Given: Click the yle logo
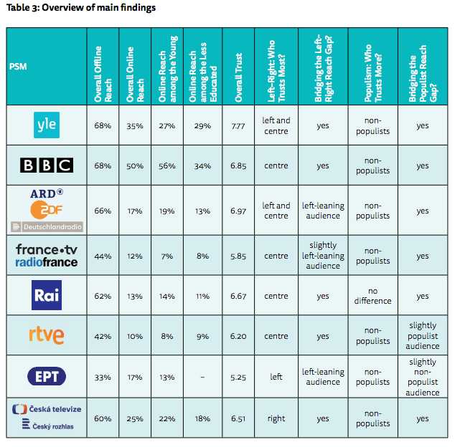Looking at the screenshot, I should (46, 125).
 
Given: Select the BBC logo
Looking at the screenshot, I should (46, 165).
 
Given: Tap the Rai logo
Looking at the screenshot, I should (46, 296).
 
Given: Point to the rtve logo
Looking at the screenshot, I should (46, 335).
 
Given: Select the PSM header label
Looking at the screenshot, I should (19, 67).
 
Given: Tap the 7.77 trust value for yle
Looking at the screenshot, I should (239, 126).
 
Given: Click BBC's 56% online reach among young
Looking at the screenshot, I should (167, 166).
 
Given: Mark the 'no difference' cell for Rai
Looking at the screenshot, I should (373, 296).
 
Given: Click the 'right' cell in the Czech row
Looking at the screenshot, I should (276, 419).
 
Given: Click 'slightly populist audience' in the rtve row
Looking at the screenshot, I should (422, 336).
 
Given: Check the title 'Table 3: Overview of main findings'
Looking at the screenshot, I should (81, 8).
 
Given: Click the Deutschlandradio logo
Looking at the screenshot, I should (47, 227).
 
